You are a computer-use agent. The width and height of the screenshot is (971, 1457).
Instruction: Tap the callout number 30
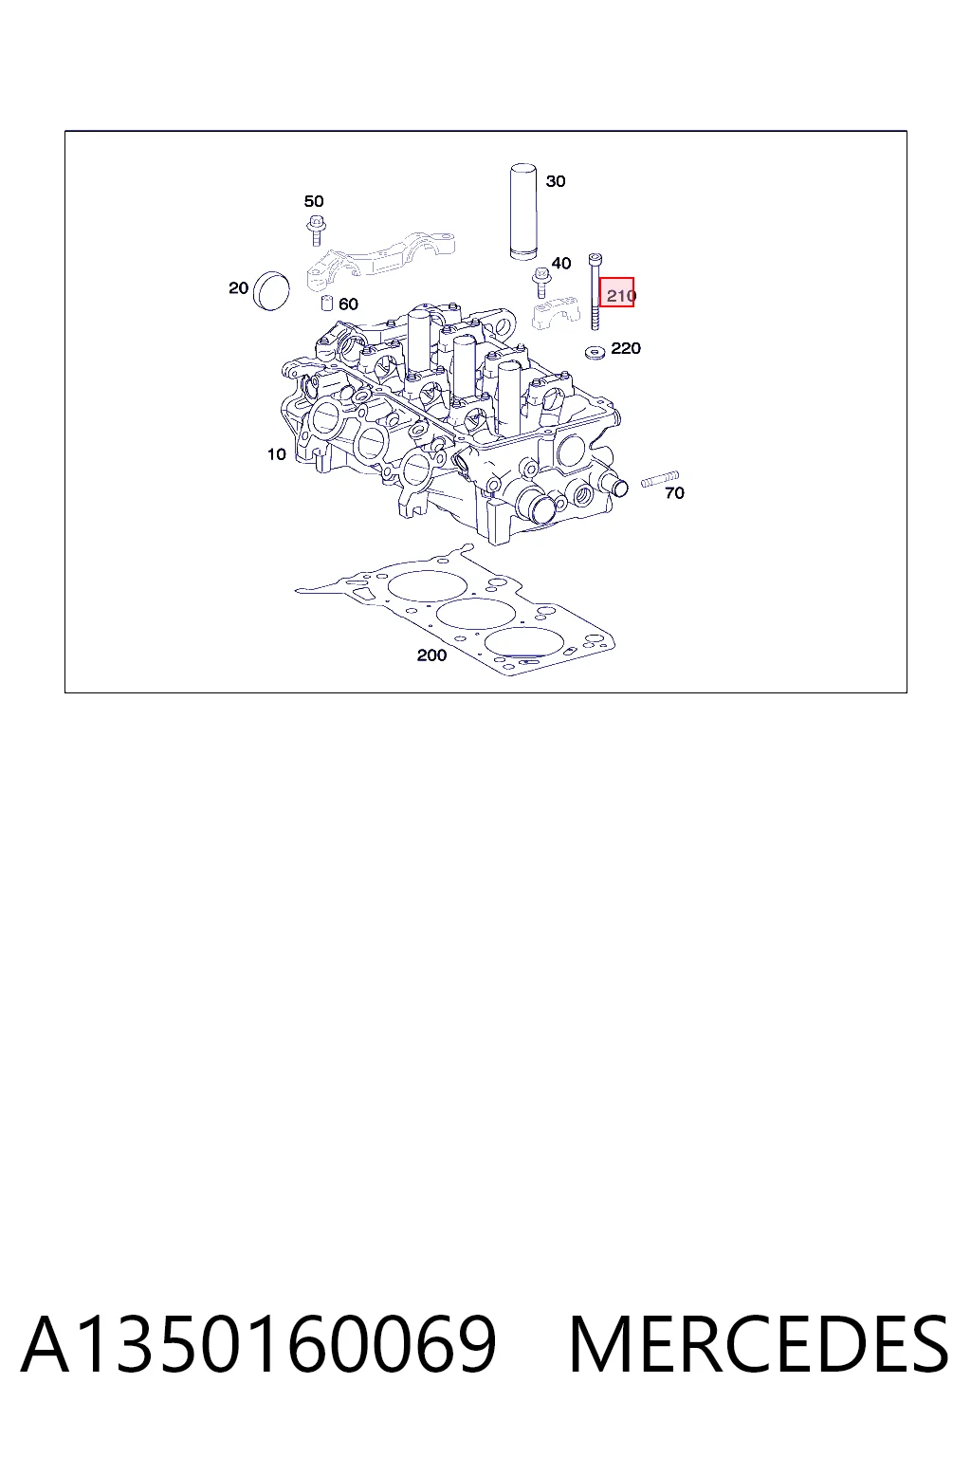[x=556, y=181]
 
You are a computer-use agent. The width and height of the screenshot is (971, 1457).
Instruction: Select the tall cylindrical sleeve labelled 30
[x=522, y=212]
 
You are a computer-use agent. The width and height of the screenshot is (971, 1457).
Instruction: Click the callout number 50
[x=314, y=201]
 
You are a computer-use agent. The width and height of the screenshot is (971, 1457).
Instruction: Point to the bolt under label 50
[x=316, y=230]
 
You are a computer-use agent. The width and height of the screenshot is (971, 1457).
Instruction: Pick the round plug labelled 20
[x=270, y=291]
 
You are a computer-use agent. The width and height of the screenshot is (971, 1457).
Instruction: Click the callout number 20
[x=239, y=287]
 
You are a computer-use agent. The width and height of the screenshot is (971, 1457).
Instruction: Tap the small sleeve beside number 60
[x=327, y=303]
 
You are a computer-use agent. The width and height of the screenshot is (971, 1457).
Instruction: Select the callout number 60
[x=349, y=304]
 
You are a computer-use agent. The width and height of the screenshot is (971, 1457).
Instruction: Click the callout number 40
[x=561, y=263]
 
